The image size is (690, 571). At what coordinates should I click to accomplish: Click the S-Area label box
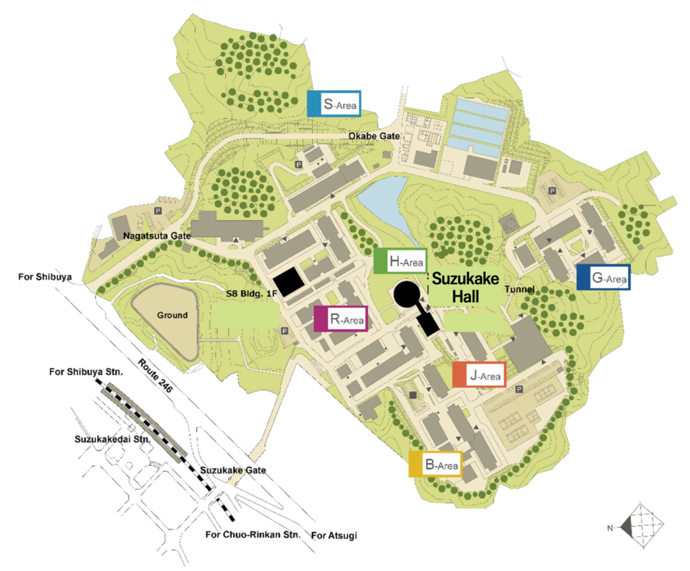[334, 104]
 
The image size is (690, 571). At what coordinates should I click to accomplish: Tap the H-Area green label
[400, 262]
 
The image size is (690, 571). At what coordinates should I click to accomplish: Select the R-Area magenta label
[341, 319]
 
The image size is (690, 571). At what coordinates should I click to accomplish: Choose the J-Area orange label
[479, 375]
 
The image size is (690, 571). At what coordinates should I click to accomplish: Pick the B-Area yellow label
[435, 464]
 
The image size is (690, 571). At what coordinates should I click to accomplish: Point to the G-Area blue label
[603, 277]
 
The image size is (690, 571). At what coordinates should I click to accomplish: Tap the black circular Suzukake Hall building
[408, 295]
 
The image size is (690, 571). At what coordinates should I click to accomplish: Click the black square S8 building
[288, 282]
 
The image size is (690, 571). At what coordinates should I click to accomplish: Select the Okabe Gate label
[373, 137]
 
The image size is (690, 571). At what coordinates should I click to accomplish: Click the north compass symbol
[641, 527]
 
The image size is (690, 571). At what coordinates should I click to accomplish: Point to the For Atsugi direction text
[334, 536]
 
